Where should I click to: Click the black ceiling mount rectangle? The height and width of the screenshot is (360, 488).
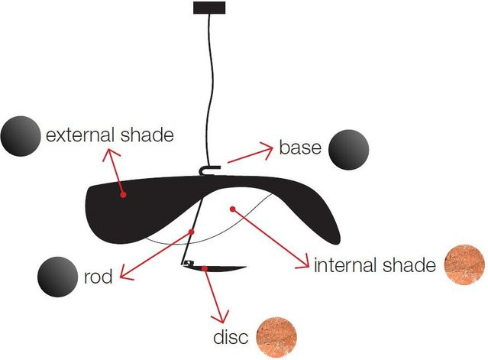click(x=209, y=8)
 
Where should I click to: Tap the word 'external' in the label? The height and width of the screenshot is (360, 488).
click(x=79, y=135)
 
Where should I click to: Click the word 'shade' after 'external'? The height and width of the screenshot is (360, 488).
click(x=147, y=135)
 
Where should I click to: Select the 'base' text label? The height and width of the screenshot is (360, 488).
click(x=300, y=148)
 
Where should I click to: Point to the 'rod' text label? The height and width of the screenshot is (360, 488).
click(x=98, y=276)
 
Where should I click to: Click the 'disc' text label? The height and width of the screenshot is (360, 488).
click(x=231, y=336)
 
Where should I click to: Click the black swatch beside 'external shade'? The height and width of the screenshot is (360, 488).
click(x=21, y=136)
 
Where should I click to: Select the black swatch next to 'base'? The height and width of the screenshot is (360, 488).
click(x=349, y=150)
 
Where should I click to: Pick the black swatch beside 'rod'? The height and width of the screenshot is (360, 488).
click(x=57, y=277)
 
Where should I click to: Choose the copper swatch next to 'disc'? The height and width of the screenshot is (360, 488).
click(x=276, y=338)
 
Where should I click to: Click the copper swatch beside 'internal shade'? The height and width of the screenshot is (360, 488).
click(x=464, y=264)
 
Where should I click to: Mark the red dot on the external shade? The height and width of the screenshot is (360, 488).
click(x=124, y=195)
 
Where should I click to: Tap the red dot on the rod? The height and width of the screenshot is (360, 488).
click(x=192, y=232)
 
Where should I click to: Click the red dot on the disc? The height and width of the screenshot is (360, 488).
click(x=205, y=268)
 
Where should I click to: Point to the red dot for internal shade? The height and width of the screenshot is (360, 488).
click(x=232, y=209)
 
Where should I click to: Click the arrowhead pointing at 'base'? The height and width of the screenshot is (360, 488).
click(x=267, y=150)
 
